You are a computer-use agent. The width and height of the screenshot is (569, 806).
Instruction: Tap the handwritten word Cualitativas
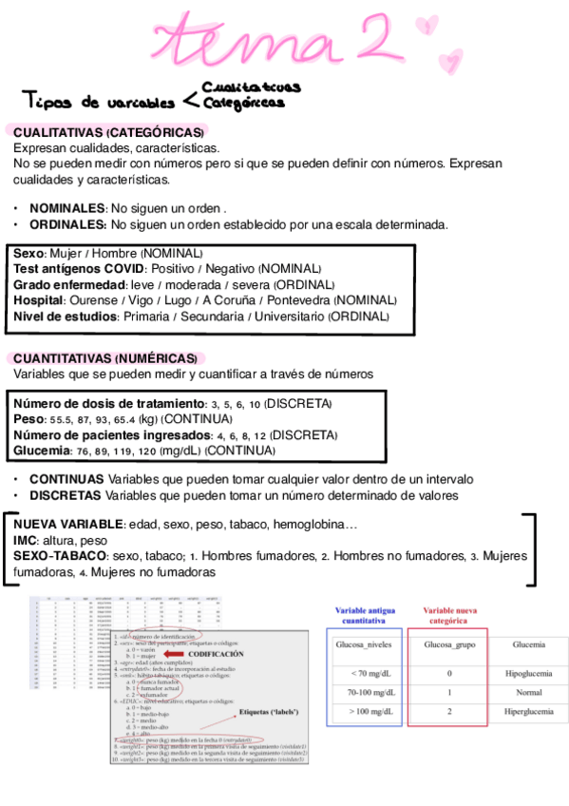pyautogui.click(x=251, y=87)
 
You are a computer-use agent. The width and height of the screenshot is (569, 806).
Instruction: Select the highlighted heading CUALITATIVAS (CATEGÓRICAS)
pyautogui.click(x=108, y=132)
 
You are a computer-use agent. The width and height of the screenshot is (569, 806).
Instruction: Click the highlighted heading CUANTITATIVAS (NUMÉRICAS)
pyautogui.click(x=105, y=358)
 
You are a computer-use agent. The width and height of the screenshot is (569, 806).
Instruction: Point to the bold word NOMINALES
pyautogui.click(x=67, y=208)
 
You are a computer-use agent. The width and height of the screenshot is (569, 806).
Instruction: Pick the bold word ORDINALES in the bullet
pyautogui.click(x=67, y=225)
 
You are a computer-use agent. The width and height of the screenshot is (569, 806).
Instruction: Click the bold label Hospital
pyautogui.click(x=39, y=299)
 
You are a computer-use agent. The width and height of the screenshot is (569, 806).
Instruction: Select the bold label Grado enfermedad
pyautogui.click(x=69, y=284)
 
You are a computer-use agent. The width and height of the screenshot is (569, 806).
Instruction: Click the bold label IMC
pyautogui.click(x=25, y=540)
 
